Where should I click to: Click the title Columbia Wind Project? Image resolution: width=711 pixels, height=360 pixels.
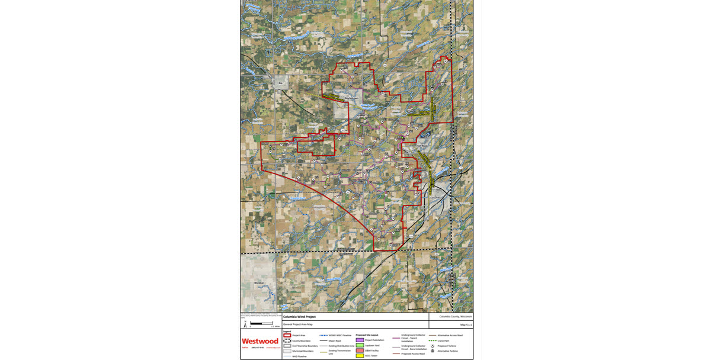(x=299, y=317)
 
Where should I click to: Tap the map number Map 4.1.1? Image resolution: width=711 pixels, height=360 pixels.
(x=466, y=324)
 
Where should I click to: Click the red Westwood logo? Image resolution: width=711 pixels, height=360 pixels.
(x=260, y=341)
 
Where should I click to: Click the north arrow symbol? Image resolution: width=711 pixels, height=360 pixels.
(x=246, y=324)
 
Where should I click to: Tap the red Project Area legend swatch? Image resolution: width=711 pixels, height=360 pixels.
(x=287, y=335)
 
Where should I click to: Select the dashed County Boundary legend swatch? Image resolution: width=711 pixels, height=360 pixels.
(x=287, y=340)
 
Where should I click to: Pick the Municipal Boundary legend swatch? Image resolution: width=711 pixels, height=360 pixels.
(x=287, y=351)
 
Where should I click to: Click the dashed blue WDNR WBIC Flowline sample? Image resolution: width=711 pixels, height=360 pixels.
(x=324, y=335)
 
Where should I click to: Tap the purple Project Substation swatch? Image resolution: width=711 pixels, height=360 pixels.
(x=360, y=340)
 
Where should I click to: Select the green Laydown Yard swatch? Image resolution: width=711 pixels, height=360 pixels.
(x=360, y=345)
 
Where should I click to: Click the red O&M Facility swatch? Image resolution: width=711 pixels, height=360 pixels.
(x=360, y=351)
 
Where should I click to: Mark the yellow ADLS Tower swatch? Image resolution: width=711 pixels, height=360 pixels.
(x=360, y=356)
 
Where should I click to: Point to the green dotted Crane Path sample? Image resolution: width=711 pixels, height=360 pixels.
(x=433, y=340)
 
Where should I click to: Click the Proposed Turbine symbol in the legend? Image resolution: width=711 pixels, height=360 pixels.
(x=433, y=346)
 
